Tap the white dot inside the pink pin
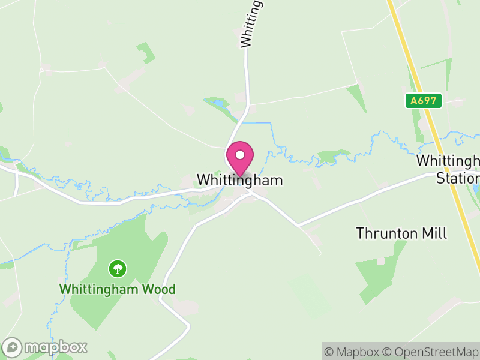pyautogui.click(x=239, y=155)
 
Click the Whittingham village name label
pyautogui.click(x=239, y=180)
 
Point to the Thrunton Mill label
pyautogui.click(x=401, y=233)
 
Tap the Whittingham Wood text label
pyautogui.click(x=117, y=289)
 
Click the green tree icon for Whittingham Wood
pyautogui.click(x=118, y=268)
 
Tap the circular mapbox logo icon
pyautogui.click(x=13, y=347)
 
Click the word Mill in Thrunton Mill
pyautogui.click(x=434, y=233)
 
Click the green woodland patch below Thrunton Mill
pyautogui.click(x=375, y=276)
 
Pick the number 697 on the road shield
pyautogui.click(x=430, y=101)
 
